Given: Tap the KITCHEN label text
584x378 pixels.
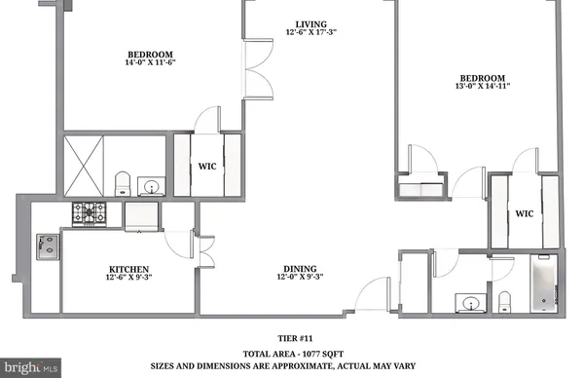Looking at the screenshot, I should coord(128,268).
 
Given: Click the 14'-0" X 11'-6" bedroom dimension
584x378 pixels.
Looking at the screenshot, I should coord(150,63).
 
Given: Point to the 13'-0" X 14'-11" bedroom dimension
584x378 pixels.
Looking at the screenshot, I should coord(483,89).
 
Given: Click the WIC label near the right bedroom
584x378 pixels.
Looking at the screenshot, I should coord(525,213).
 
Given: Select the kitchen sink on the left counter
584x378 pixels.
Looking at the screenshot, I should coord(46,247).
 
